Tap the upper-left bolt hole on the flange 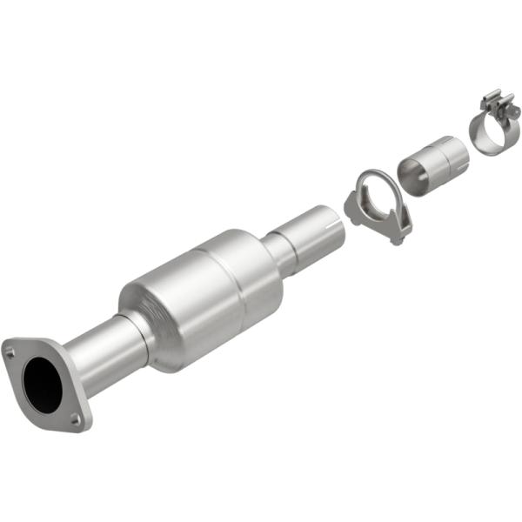pyautogui.click(x=10, y=352)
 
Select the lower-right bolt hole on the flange pyautogui.click(x=77, y=419)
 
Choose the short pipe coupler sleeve pyautogui.click(x=432, y=164)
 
